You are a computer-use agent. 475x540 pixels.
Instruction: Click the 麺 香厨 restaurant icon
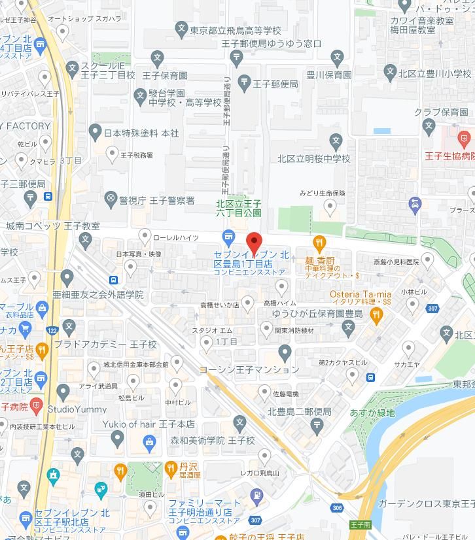tap(319, 244)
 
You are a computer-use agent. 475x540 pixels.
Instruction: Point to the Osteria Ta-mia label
tap(361, 294)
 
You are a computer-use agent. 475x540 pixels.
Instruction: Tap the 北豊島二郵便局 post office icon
tap(317, 426)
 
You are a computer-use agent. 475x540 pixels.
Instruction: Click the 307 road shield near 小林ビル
tap(432, 309)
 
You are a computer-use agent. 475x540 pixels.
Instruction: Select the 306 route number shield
tap(337, 508)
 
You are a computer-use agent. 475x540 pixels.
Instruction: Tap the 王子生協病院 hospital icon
tap(464, 139)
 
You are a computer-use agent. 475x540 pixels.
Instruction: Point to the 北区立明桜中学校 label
tap(313, 159)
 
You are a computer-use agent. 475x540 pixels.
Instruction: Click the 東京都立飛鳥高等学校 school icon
tap(182, 28)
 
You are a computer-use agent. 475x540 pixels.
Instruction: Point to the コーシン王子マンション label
tap(249, 369)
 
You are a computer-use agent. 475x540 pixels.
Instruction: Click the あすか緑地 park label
tap(372, 413)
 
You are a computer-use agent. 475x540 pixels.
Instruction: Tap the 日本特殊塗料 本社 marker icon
tap(95, 133)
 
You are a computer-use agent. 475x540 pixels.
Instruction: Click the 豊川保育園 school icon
tap(337, 58)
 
